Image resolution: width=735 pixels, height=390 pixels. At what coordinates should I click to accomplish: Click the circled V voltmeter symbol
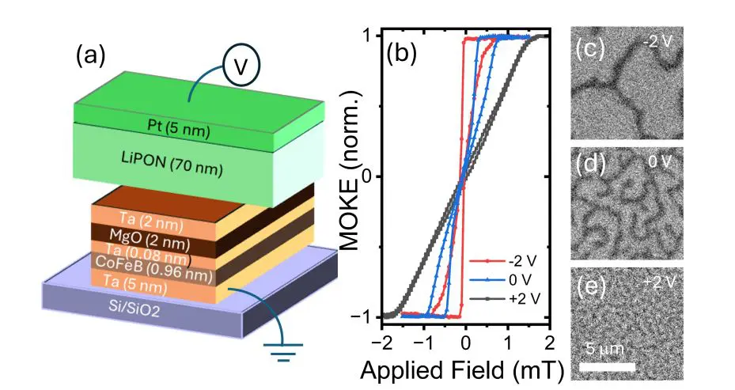pos(236,69)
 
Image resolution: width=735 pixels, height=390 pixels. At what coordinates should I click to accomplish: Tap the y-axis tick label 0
pos(366,177)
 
